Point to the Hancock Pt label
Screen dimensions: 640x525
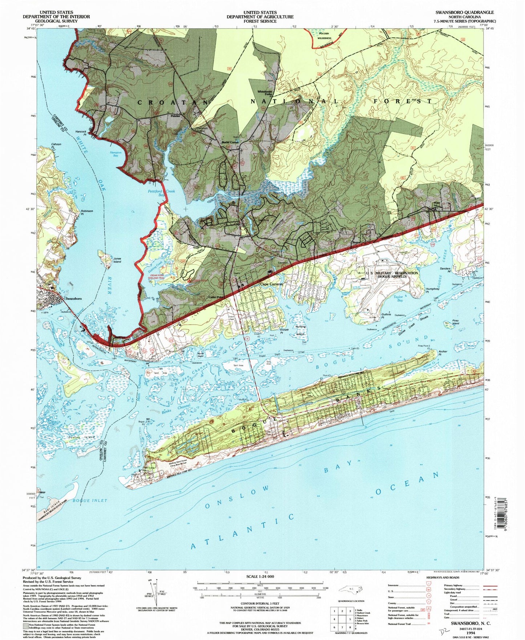pos(81,133)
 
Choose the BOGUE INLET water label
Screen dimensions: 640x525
pos(90,500)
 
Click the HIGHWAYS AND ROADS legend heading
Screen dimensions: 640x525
pos(439,577)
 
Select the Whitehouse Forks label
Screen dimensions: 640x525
pos(264,93)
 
